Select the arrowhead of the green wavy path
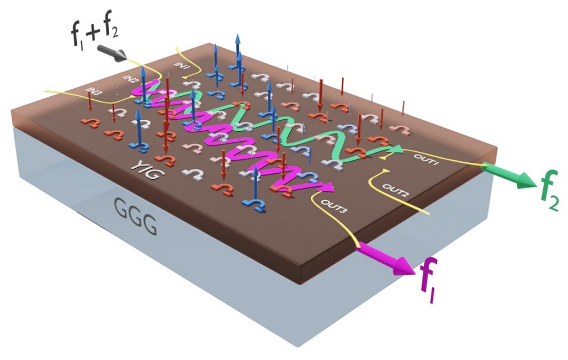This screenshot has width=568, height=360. tap(399, 150)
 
